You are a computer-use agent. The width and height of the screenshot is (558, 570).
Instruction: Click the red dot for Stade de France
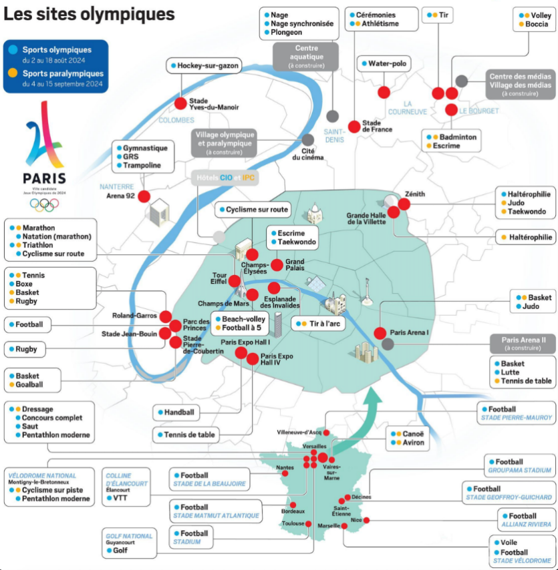[354, 127]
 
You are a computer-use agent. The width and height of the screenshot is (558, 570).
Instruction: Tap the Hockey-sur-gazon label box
[204, 66]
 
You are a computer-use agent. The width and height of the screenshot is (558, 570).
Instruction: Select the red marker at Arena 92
[144, 196]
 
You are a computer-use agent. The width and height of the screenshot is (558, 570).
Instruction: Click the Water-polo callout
[384, 63]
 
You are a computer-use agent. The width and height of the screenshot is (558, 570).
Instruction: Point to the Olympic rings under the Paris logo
[44, 205]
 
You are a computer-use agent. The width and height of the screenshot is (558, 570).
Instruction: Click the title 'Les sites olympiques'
[89, 14]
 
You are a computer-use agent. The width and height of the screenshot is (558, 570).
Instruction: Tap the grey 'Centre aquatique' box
[306, 56]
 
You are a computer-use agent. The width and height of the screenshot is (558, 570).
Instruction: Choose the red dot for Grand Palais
[277, 265]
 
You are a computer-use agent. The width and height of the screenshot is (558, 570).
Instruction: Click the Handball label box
[176, 412]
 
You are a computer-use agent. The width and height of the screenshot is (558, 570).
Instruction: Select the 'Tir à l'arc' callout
[318, 324]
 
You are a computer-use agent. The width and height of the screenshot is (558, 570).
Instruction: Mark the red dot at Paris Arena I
[380, 333]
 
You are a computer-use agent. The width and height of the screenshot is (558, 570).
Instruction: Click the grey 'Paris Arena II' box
[523, 344]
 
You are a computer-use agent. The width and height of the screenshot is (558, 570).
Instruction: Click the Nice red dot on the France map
[366, 520]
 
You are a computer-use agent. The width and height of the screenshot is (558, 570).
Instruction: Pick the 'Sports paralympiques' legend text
[63, 73]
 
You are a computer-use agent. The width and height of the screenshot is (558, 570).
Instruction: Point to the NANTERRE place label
[117, 186]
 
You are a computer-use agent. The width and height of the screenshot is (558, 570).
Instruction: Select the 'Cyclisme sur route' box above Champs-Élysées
[253, 210]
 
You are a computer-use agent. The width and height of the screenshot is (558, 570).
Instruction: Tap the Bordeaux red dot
[293, 505]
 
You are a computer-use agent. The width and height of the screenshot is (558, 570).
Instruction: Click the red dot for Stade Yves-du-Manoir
[180, 103]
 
